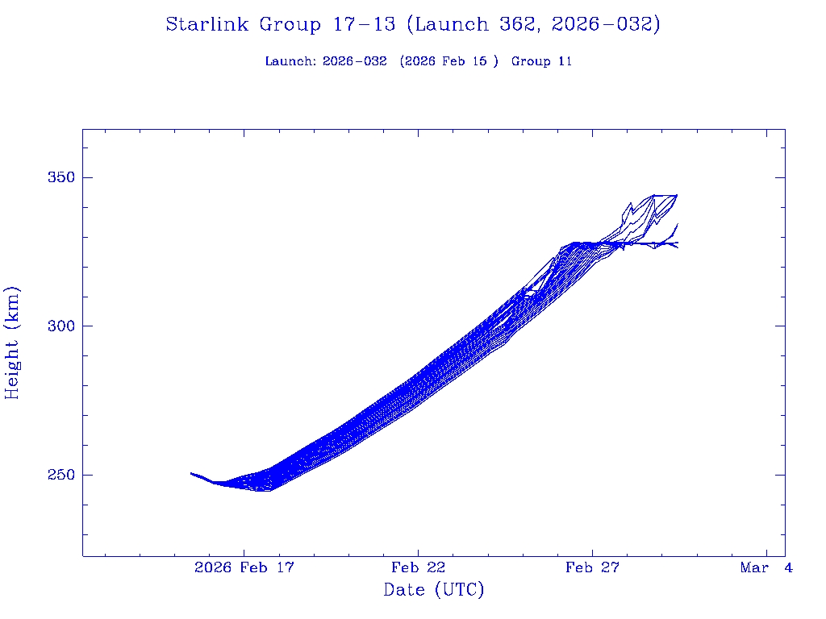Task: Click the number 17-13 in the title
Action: [x=364, y=25]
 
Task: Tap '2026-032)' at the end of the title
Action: [x=606, y=25]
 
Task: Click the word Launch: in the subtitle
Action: [x=290, y=61]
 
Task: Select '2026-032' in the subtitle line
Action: [x=354, y=61]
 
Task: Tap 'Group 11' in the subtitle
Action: [x=541, y=61]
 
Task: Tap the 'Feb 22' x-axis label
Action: [x=418, y=568]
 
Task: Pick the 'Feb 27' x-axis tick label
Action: [x=592, y=568]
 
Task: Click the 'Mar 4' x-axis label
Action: [x=766, y=568]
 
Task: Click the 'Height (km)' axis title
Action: [x=13, y=343]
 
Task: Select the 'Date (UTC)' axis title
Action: [x=434, y=591]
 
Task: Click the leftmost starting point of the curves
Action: [x=191, y=473]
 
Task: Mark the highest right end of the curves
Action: [x=677, y=195]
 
